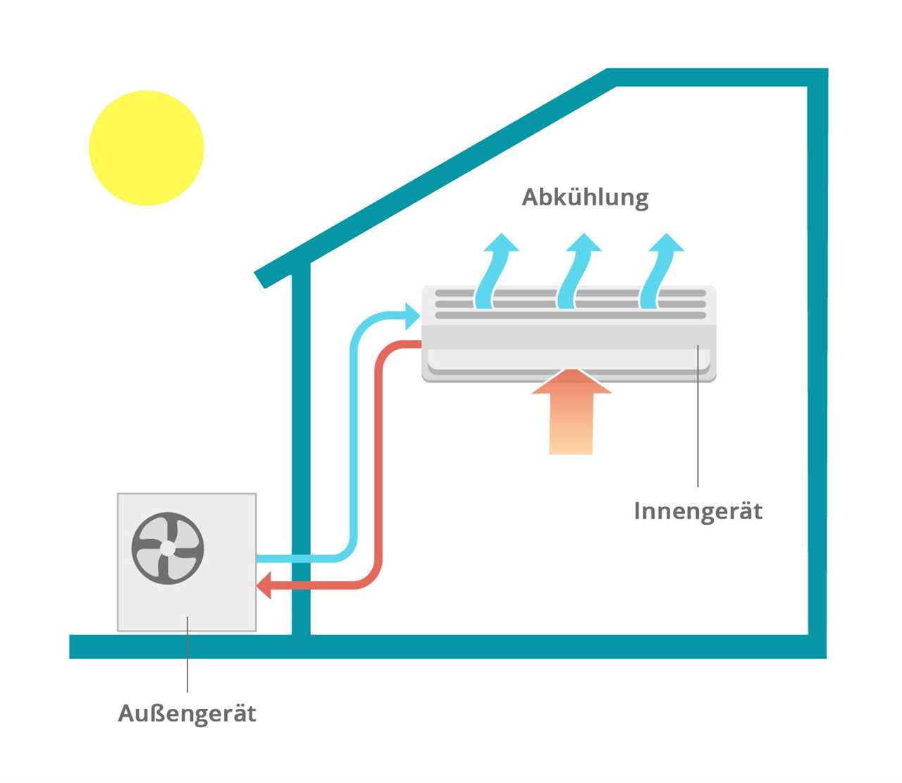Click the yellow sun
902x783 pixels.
point(147,148)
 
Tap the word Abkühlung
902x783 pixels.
point(585,198)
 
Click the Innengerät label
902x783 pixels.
point(698,511)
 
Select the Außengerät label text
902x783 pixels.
point(187,713)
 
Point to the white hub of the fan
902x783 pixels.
point(168,548)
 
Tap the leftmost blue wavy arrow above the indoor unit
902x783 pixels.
point(493,272)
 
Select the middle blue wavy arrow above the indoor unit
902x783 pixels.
point(576,272)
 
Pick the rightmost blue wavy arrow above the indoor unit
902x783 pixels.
point(659,272)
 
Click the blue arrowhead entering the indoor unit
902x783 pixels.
point(412,315)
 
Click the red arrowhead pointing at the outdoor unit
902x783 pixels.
point(264,585)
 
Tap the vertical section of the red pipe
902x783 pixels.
point(378,459)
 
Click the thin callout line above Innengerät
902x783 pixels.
point(698,423)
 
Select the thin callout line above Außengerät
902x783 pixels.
point(187,656)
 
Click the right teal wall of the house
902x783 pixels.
point(817,353)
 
